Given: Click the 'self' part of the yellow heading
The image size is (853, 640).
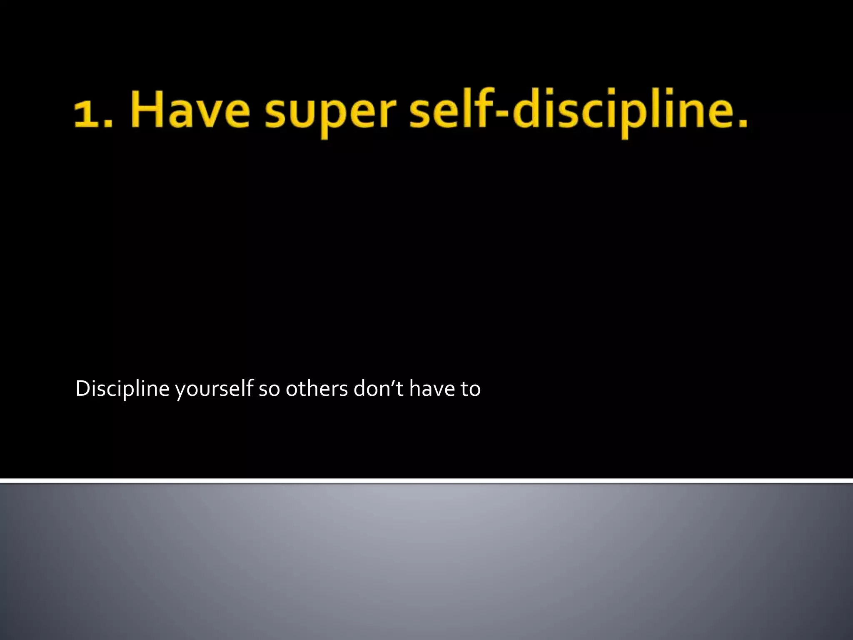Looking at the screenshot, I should click(x=452, y=109).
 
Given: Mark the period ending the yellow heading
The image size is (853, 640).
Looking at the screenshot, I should click(x=742, y=122).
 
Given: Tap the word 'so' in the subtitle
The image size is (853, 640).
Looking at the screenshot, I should click(x=269, y=390).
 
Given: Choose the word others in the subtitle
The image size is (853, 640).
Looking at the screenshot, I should click(x=317, y=389).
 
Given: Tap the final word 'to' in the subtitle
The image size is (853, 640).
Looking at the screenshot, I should click(x=470, y=390).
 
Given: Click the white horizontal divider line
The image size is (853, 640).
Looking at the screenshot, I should click(x=426, y=481).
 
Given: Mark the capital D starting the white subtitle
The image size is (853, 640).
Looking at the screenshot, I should click(x=82, y=389).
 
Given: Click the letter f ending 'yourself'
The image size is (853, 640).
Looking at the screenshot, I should click(x=249, y=387).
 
